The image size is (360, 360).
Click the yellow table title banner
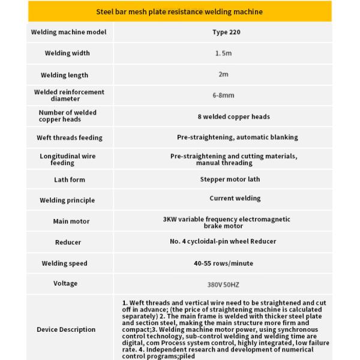point(179,11)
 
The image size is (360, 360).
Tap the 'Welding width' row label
point(67,53)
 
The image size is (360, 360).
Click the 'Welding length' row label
point(64,75)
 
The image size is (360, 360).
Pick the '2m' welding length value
point(223,75)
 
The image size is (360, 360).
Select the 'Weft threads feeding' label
point(70,137)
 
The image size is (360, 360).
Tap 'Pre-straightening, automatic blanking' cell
point(237,137)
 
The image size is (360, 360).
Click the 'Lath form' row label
point(70,179)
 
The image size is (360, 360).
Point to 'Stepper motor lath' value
point(230,179)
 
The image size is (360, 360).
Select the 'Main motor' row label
point(71,221)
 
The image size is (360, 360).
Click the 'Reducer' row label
point(68,242)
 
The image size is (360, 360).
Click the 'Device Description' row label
point(66,329)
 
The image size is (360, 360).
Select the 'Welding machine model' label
point(68,32)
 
